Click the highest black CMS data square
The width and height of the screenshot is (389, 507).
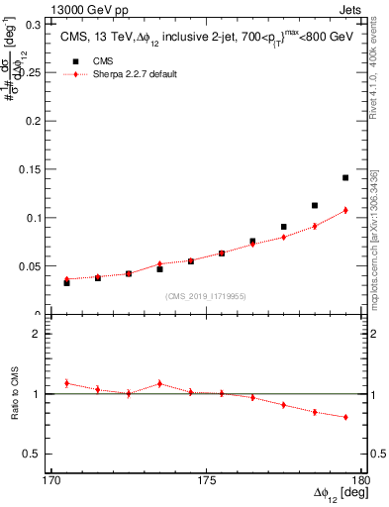tap(345, 178)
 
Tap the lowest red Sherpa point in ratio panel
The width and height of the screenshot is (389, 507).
tap(345, 417)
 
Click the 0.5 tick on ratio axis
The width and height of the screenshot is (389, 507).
tap(46, 454)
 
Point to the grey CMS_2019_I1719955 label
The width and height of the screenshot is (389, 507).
tap(206, 295)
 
